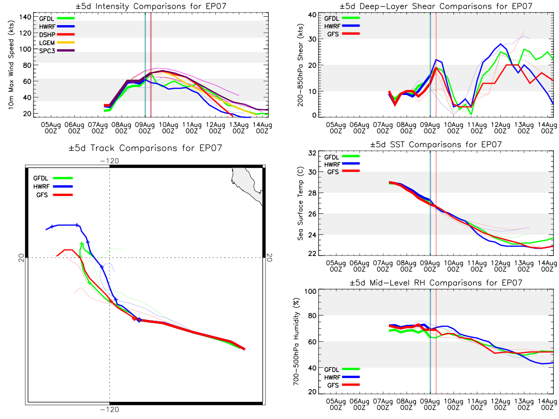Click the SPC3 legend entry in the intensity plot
[x=57, y=51]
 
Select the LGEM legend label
[x=47, y=43]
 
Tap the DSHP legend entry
[x=57, y=34]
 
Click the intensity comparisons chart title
[x=151, y=6]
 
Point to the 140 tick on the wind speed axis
[x=25, y=17]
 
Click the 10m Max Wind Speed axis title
[x=11, y=65]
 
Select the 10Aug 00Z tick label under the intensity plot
[x=168, y=128]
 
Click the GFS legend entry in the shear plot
[x=343, y=34]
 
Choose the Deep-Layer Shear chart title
[x=436, y=6]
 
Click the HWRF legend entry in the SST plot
[x=342, y=164]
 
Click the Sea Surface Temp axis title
[x=300, y=203]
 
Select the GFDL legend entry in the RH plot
[x=342, y=369]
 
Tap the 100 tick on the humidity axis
[x=310, y=291]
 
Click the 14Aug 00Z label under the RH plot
[x=547, y=405]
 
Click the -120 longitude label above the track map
[x=109, y=161]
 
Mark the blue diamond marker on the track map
[x=139, y=320]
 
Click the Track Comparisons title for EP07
[x=145, y=148]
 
